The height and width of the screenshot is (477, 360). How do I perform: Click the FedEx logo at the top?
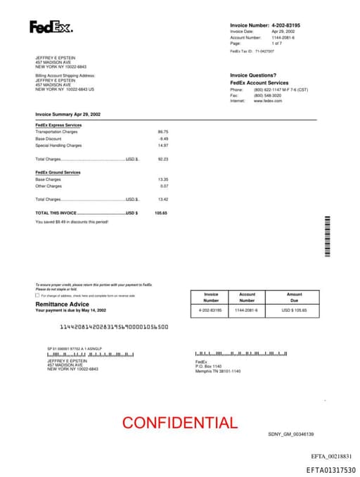point(51,27)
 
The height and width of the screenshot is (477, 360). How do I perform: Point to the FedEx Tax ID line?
point(252,51)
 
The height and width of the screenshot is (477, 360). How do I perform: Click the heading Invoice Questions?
point(253,75)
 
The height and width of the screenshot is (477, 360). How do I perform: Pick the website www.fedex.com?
point(268,101)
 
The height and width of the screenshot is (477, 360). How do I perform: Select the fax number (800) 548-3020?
point(267,95)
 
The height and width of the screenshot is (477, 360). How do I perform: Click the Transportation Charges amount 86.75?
point(163,132)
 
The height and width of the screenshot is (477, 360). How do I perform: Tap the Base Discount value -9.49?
point(164,139)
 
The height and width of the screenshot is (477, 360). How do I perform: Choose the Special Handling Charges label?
point(58,146)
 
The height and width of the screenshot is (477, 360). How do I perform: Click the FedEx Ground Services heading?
point(58,172)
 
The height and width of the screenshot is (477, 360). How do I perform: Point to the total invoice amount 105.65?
point(161,212)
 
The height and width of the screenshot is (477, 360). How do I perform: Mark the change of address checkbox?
point(37,295)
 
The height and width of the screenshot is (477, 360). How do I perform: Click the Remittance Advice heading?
point(62,304)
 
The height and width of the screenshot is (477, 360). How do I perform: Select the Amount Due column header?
point(294,298)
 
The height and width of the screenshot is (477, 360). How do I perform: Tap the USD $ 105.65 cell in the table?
point(294,310)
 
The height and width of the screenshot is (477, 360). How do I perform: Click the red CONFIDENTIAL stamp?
point(179,423)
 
